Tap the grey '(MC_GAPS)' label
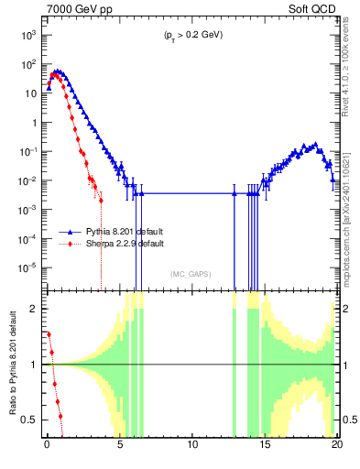pyautogui.click(x=191, y=274)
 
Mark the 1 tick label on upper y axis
pyautogui.click(x=33, y=123)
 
